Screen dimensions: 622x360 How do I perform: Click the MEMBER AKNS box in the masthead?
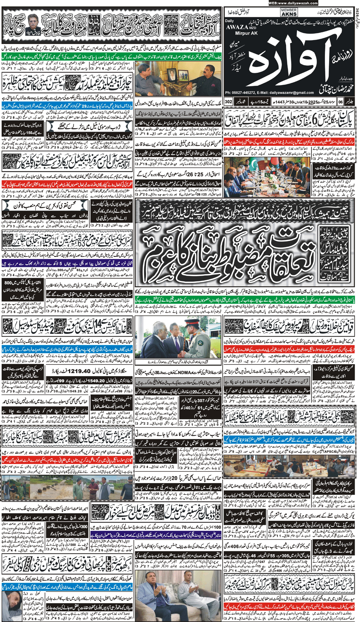[x=289, y=12]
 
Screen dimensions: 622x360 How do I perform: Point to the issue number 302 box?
[x=228, y=101]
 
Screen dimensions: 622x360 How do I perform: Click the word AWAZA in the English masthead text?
[x=237, y=27]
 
